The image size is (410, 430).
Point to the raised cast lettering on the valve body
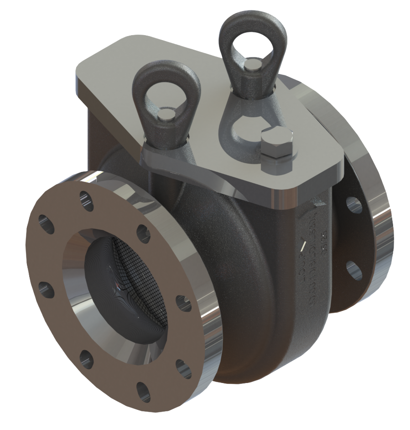(315, 255)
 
